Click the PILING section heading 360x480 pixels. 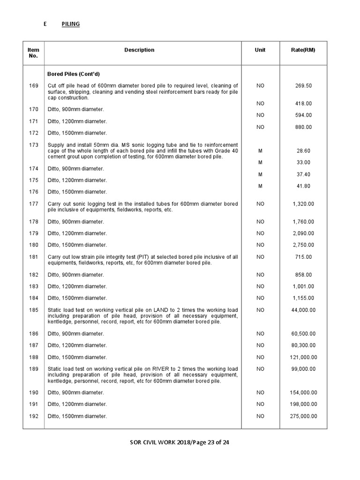[x=70, y=24]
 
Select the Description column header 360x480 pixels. [x=139, y=50]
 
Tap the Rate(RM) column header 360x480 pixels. [x=303, y=50]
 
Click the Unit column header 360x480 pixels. [x=260, y=50]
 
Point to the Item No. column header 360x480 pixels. [x=33, y=53]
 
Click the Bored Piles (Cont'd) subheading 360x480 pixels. [x=74, y=74]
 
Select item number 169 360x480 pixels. [x=34, y=86]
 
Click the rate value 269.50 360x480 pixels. [x=303, y=86]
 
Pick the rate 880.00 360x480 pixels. [x=303, y=127]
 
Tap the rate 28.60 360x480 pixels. [x=303, y=151]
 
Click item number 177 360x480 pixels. [x=34, y=204]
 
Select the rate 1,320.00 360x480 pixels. [x=303, y=204]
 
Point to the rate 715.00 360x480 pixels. [x=303, y=257]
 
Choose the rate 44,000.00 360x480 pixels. [x=303, y=310]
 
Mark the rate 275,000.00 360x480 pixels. [x=303, y=416]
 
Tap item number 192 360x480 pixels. [x=34, y=416]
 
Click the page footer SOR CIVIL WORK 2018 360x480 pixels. [x=165, y=442]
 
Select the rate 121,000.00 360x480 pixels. [x=303, y=357]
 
